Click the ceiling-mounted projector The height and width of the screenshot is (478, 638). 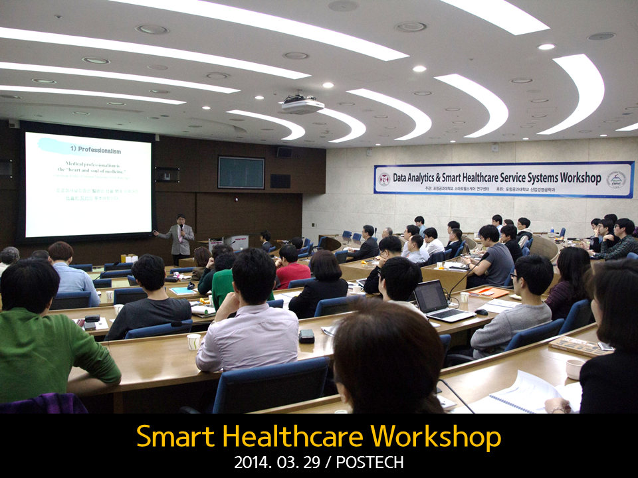[x=302, y=105]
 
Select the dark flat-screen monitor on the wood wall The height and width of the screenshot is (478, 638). [x=241, y=173]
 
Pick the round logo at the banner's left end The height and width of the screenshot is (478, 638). [x=384, y=179]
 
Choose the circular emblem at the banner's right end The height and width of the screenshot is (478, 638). [x=616, y=179]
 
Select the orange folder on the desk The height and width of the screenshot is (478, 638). [x=488, y=291]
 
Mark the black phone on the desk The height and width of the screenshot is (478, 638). [x=306, y=336]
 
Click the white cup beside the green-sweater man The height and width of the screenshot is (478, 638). [x=193, y=341]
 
